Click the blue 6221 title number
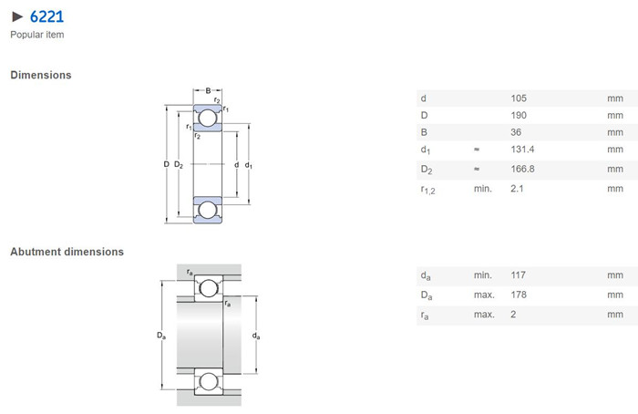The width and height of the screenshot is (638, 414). click(x=46, y=16)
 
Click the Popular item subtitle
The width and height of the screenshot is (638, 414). click(x=37, y=35)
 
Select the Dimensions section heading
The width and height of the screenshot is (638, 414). click(x=41, y=75)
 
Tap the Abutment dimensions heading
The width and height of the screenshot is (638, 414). click(x=67, y=252)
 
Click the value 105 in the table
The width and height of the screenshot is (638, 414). click(x=519, y=98)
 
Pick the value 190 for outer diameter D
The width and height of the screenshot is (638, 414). click(x=519, y=115)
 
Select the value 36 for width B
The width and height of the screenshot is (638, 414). click(x=516, y=132)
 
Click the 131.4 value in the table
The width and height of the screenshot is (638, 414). click(x=522, y=150)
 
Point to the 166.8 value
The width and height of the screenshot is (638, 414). click(x=522, y=169)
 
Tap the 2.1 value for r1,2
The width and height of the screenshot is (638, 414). click(x=517, y=189)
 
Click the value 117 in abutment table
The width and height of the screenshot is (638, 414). click(x=518, y=275)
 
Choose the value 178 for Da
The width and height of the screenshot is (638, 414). click(x=519, y=295)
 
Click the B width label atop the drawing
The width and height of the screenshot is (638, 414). click(x=208, y=90)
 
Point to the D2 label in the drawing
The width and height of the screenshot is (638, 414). click(x=179, y=164)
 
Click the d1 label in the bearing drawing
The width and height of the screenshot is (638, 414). click(x=248, y=165)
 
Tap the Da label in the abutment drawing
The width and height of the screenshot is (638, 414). click(x=161, y=336)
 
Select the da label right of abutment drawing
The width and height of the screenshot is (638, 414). click(x=256, y=336)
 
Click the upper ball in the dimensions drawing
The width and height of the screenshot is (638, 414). click(x=208, y=118)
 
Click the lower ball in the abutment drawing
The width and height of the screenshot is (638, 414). click(x=209, y=382)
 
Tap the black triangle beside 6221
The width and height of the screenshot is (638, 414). click(x=17, y=16)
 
